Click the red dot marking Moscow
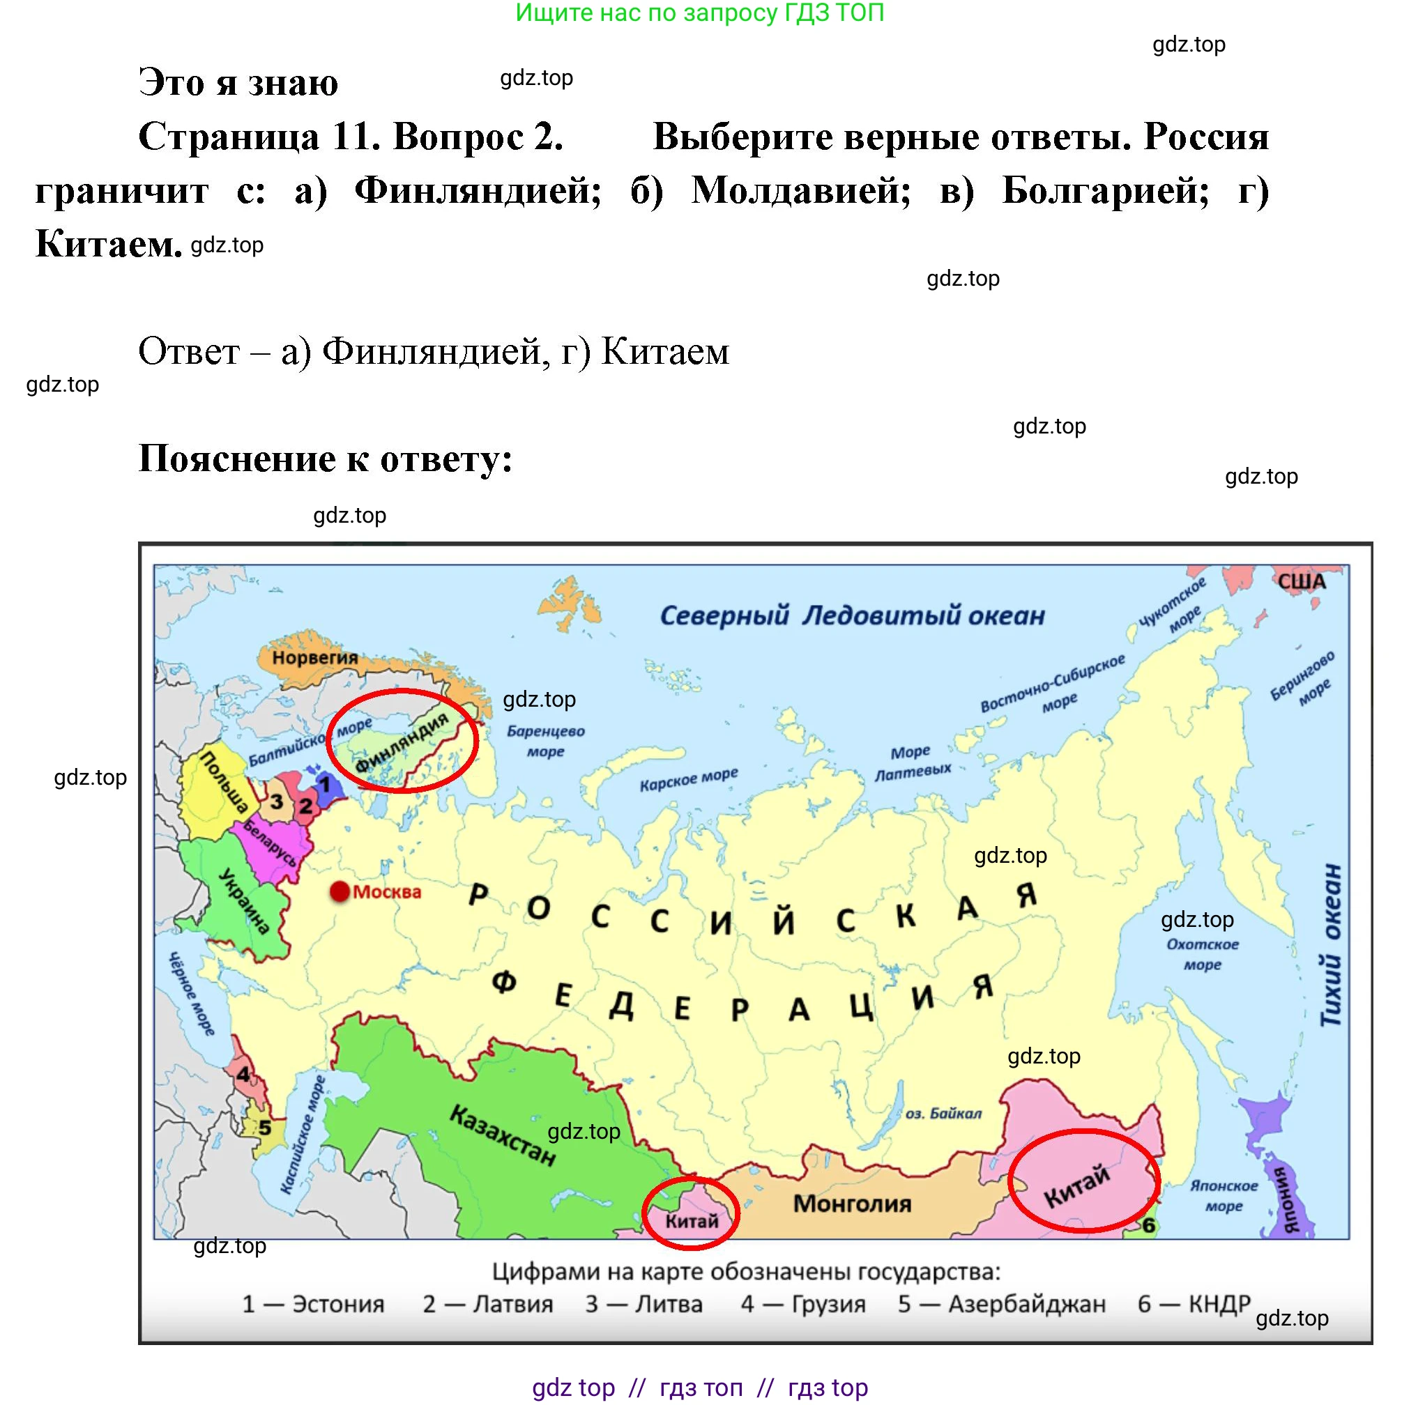point(340,891)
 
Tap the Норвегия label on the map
point(315,657)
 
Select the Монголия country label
point(852,1204)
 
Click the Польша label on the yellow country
point(224,782)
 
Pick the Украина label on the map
point(245,900)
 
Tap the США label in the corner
point(1302,582)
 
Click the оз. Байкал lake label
point(944,1114)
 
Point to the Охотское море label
point(1203,954)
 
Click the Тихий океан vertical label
point(1332,946)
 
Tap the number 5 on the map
point(265,1128)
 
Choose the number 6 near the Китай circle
point(1149,1226)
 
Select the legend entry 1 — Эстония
point(313,1304)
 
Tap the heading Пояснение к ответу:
point(325,459)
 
